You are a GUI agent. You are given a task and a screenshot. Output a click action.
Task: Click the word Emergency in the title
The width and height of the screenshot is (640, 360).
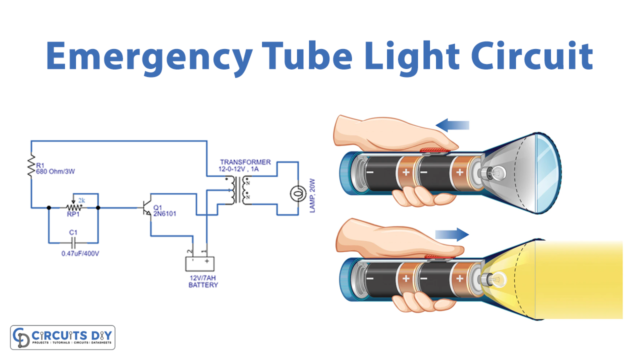click(x=146, y=57)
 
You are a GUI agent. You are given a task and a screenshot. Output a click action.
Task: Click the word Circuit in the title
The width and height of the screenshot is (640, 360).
click(x=529, y=57)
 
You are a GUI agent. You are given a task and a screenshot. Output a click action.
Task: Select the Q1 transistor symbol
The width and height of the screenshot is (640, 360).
click(x=151, y=208)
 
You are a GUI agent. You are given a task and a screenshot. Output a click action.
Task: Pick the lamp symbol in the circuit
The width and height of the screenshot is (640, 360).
click(x=295, y=192)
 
